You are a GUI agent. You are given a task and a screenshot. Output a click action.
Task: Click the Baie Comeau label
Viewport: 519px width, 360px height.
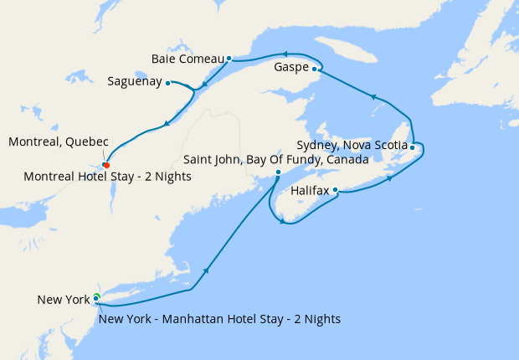pyautogui.click(x=188, y=59)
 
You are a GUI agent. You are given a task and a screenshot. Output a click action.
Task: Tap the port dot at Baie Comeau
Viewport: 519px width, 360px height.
pyautogui.click(x=229, y=59)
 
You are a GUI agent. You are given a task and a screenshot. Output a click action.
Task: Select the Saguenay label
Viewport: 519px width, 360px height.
pyautogui.click(x=135, y=82)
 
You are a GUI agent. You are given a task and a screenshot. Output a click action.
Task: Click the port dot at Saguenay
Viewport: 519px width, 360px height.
pyautogui.click(x=168, y=82)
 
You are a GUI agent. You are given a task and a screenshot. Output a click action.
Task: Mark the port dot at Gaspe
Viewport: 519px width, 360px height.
pyautogui.click(x=315, y=69)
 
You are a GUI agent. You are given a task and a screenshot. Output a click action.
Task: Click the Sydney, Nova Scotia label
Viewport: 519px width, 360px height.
pyautogui.click(x=352, y=145)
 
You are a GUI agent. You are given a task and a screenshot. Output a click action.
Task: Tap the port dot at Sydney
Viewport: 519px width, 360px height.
pyautogui.click(x=412, y=147)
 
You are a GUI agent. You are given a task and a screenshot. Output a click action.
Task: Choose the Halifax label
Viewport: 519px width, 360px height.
pyautogui.click(x=310, y=191)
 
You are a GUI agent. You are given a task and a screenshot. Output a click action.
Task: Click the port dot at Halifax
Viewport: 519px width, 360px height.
pyautogui.click(x=336, y=190)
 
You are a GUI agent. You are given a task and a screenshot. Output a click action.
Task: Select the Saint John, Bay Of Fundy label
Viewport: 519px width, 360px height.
pyautogui.click(x=276, y=159)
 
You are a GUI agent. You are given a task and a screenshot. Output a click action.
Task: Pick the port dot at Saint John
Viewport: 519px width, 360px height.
pyautogui.click(x=279, y=172)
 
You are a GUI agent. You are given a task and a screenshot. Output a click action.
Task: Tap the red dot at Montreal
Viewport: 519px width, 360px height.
pyautogui.click(x=105, y=164)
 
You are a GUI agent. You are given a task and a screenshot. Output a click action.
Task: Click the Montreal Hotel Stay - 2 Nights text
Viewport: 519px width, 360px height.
pyautogui.click(x=108, y=177)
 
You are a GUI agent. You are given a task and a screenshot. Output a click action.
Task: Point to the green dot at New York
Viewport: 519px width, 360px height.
pyautogui.click(x=96, y=297)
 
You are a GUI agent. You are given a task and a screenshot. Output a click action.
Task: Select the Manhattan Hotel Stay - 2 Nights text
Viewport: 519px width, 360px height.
pyautogui.click(x=219, y=319)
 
